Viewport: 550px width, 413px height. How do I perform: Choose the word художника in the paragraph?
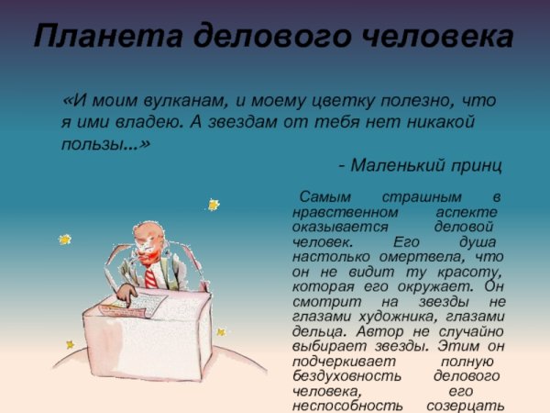(x=401, y=317)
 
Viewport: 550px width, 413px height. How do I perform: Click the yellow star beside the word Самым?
(x=213, y=205)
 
